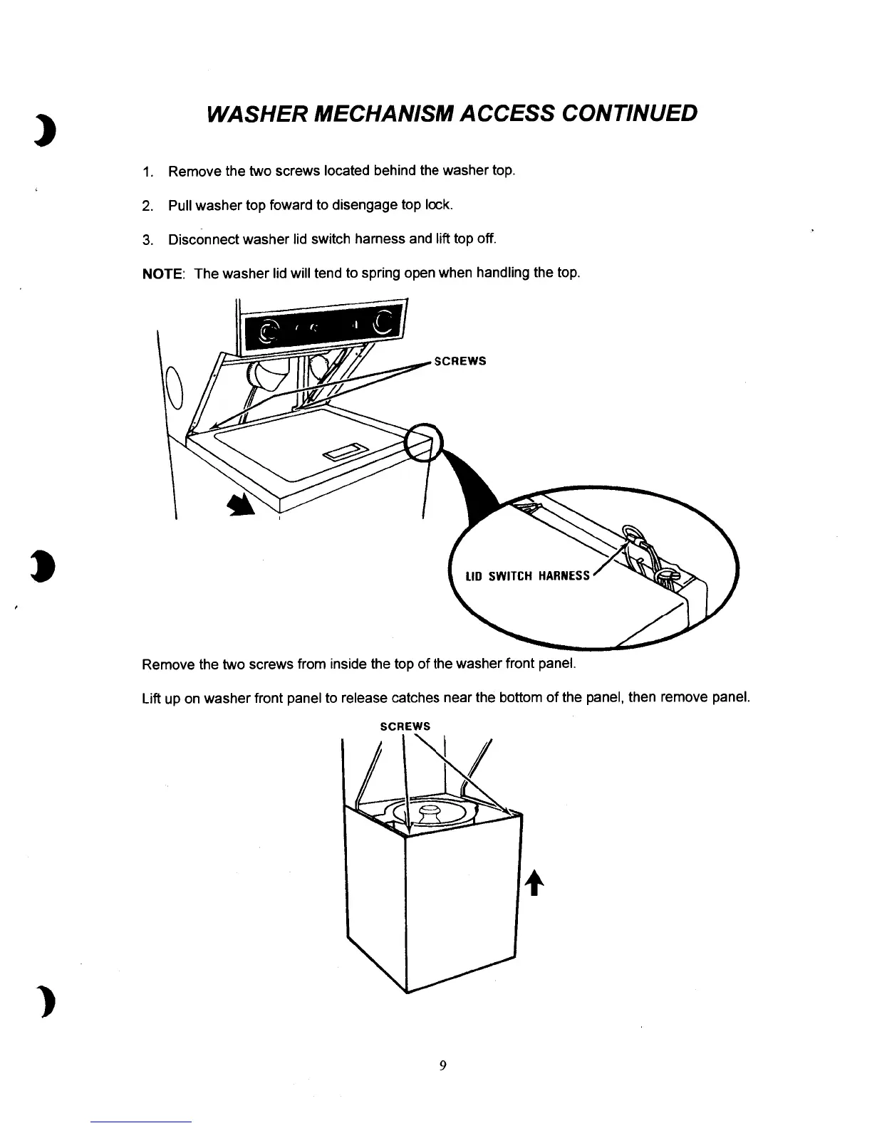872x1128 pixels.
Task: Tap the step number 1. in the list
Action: [147, 172]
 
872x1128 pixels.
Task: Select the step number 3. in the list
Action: [147, 240]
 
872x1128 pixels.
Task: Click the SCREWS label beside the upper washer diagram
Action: [460, 361]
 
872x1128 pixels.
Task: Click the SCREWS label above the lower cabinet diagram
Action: [405, 726]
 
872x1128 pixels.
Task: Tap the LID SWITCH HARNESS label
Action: [527, 576]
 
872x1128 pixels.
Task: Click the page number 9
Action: [442, 1065]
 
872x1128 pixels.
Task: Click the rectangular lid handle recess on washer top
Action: [345, 451]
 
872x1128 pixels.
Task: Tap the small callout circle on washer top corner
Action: [423, 442]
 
